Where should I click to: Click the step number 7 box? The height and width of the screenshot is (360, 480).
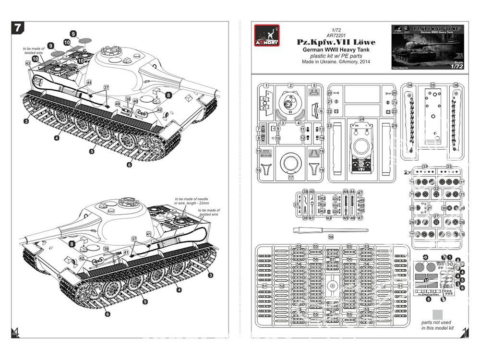tap(17, 28)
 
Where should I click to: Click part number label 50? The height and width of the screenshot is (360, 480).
tap(331, 237)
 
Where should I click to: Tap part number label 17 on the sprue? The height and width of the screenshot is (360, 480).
tap(291, 177)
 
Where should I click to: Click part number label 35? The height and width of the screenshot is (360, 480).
tap(432, 85)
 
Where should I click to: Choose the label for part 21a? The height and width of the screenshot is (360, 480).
tap(395, 102)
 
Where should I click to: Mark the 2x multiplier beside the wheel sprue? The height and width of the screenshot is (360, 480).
tap(407, 171)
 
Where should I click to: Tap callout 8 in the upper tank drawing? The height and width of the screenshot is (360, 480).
tap(168, 95)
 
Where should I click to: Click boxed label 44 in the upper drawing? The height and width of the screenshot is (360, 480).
tap(89, 83)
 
